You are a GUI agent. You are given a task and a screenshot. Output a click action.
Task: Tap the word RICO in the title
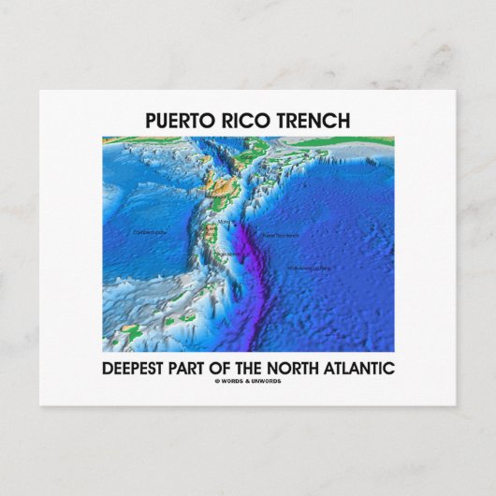point(244,121)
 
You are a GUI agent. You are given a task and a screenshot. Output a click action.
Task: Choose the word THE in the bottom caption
point(286,368)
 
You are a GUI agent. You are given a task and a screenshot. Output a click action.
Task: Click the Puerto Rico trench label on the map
point(279,234)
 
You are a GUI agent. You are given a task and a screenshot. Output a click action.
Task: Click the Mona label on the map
point(223,222)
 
